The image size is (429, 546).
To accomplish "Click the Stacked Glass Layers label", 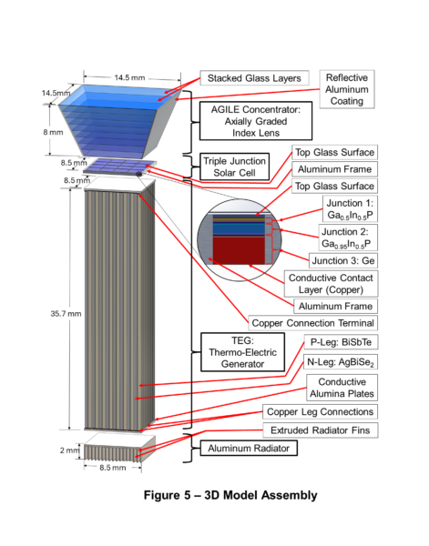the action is (x=254, y=78).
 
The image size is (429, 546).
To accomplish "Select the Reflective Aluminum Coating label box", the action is (x=347, y=89).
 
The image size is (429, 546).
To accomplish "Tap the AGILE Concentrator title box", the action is (x=255, y=121).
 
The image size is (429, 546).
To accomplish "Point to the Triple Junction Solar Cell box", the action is (x=235, y=167).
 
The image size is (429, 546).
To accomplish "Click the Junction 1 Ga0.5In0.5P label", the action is (x=350, y=209).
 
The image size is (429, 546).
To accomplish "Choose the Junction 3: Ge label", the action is (x=343, y=260).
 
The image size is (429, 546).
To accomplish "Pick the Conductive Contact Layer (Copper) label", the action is (x=331, y=283).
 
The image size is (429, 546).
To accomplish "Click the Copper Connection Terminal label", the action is (x=312, y=323).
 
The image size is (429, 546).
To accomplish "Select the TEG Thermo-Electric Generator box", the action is (x=242, y=352).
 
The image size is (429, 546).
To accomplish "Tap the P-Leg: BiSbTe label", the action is (x=341, y=342).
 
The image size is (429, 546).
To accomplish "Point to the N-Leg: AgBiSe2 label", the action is (x=340, y=362).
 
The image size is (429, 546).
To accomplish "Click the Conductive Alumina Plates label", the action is (x=342, y=388).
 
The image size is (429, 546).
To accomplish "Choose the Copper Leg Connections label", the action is (x=320, y=411).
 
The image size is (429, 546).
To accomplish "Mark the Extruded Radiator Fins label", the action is (x=320, y=430).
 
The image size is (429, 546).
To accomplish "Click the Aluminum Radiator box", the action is (x=249, y=448).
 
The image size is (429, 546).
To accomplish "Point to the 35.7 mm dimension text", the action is (x=66, y=314).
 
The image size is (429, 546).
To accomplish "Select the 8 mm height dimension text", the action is (x=54, y=132).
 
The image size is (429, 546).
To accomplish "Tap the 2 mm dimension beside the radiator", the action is (x=70, y=450).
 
